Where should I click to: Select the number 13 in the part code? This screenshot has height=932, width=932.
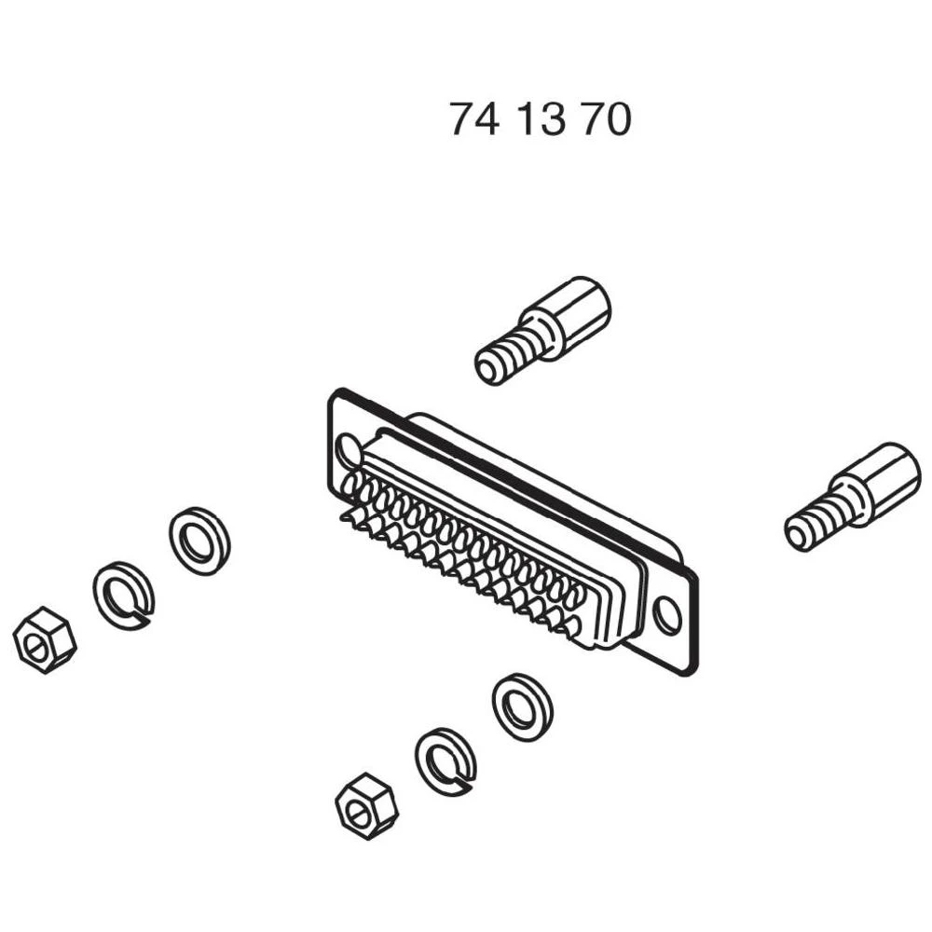(x=541, y=120)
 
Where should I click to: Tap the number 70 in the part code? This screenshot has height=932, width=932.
(x=606, y=120)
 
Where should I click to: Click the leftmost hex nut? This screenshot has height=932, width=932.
(x=44, y=639)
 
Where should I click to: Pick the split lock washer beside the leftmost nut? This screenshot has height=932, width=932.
(x=123, y=595)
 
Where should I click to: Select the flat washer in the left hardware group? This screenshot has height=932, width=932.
(x=199, y=541)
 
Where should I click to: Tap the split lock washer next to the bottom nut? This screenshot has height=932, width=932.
(x=445, y=761)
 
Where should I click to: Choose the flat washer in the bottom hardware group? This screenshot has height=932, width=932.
(x=522, y=706)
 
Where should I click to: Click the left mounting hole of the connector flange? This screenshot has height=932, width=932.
(x=349, y=450)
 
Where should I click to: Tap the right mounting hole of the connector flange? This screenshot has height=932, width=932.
(x=666, y=615)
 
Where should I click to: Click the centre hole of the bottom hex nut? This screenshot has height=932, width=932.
(x=358, y=810)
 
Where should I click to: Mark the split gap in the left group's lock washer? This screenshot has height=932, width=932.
(x=141, y=614)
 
